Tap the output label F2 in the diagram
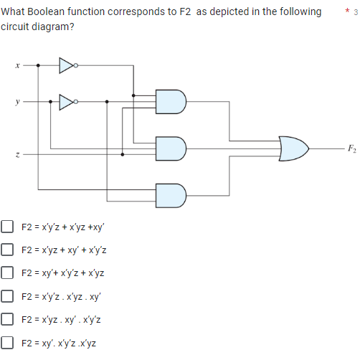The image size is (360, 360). [349, 149]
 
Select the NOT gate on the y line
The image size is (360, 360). [67, 101]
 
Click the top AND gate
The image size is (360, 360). [172, 101]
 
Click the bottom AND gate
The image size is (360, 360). [172, 194]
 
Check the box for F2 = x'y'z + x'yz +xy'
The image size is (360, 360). [8, 227]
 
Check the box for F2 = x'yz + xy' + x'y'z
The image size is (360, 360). [8, 250]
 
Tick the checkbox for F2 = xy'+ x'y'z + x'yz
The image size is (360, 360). [8, 273]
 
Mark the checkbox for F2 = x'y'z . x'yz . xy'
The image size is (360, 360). [8, 296]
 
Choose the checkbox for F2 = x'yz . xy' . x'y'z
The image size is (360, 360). [8, 320]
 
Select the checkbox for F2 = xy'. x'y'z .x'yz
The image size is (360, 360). [8, 343]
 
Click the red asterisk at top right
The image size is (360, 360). [346, 11]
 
